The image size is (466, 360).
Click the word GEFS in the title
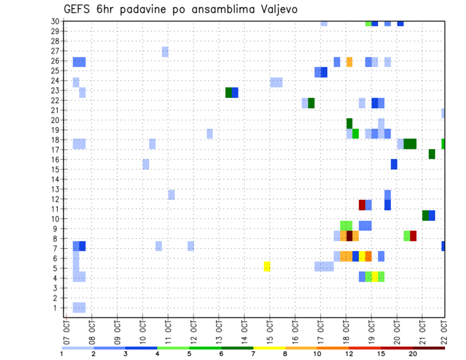78,9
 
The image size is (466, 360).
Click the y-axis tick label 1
57,308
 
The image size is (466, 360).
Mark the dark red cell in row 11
362,205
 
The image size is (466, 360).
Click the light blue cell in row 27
165,51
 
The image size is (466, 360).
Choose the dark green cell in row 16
432,154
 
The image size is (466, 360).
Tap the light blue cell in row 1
79,307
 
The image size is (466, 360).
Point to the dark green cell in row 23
229,93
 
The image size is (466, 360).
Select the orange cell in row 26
349,62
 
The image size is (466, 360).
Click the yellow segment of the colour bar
269,348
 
